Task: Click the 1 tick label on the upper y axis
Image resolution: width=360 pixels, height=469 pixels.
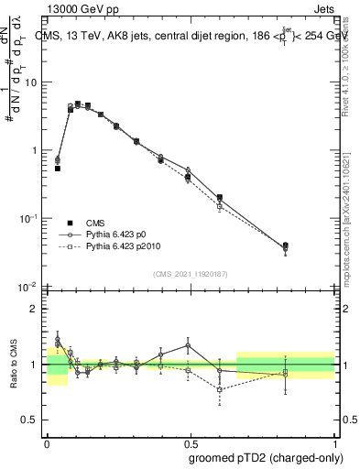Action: click(x=37, y=150)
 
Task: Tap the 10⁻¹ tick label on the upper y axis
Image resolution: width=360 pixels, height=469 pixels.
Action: click(x=32, y=218)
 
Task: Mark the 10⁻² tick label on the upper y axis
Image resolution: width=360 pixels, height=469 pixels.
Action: click(x=32, y=286)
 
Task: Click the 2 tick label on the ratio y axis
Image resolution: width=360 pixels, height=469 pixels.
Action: click(x=37, y=310)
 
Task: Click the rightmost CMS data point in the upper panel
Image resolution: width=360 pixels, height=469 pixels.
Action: click(x=311, y=245)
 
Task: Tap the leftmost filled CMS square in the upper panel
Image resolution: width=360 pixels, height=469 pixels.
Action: click(x=58, y=169)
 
